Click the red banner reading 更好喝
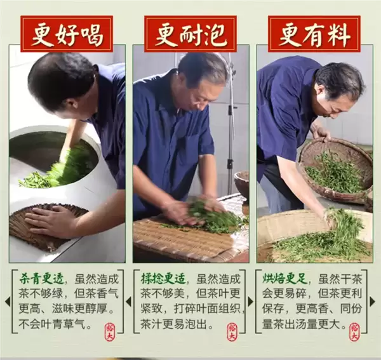pos(66,33)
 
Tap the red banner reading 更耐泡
pos(190,33)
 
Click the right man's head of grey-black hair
pos(340,79)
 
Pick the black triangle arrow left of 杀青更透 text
pos(7,300)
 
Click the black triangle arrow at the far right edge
pos(375,300)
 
